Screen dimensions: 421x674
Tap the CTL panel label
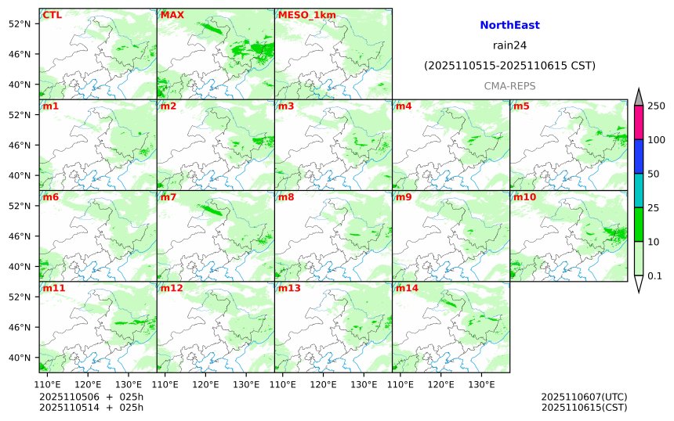53,15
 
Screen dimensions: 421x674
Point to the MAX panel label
172,15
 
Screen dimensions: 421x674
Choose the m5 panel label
521,106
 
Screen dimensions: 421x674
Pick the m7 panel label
168,197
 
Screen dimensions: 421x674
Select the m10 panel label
524,197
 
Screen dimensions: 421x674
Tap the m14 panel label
407,288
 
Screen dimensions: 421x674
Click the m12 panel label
172,288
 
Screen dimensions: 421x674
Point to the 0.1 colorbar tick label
654,275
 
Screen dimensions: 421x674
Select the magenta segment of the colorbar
638,123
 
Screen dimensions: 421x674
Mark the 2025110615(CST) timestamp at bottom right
584,407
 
